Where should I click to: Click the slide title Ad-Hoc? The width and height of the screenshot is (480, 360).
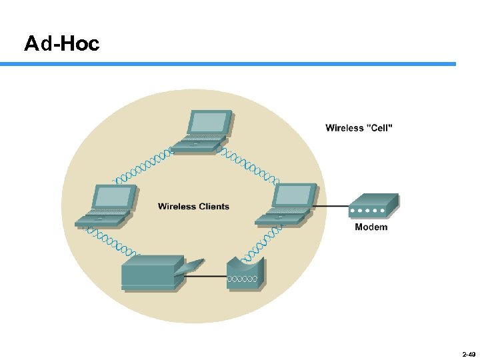tap(61, 44)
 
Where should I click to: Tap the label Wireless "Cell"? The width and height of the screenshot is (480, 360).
tap(359, 127)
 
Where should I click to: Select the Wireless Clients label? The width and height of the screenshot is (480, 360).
tap(193, 207)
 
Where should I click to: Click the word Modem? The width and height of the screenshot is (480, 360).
tap(371, 227)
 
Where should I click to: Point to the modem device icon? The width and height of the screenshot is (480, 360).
tap(374, 206)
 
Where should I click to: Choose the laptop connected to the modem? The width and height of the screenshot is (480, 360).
tap(289, 204)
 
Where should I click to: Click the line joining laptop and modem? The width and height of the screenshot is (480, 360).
tap(331, 206)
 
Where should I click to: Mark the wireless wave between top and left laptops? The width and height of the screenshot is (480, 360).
tap(143, 167)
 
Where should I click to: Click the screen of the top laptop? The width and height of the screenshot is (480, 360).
tap(209, 123)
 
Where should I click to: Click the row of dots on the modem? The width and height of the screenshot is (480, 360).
tap(368, 211)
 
